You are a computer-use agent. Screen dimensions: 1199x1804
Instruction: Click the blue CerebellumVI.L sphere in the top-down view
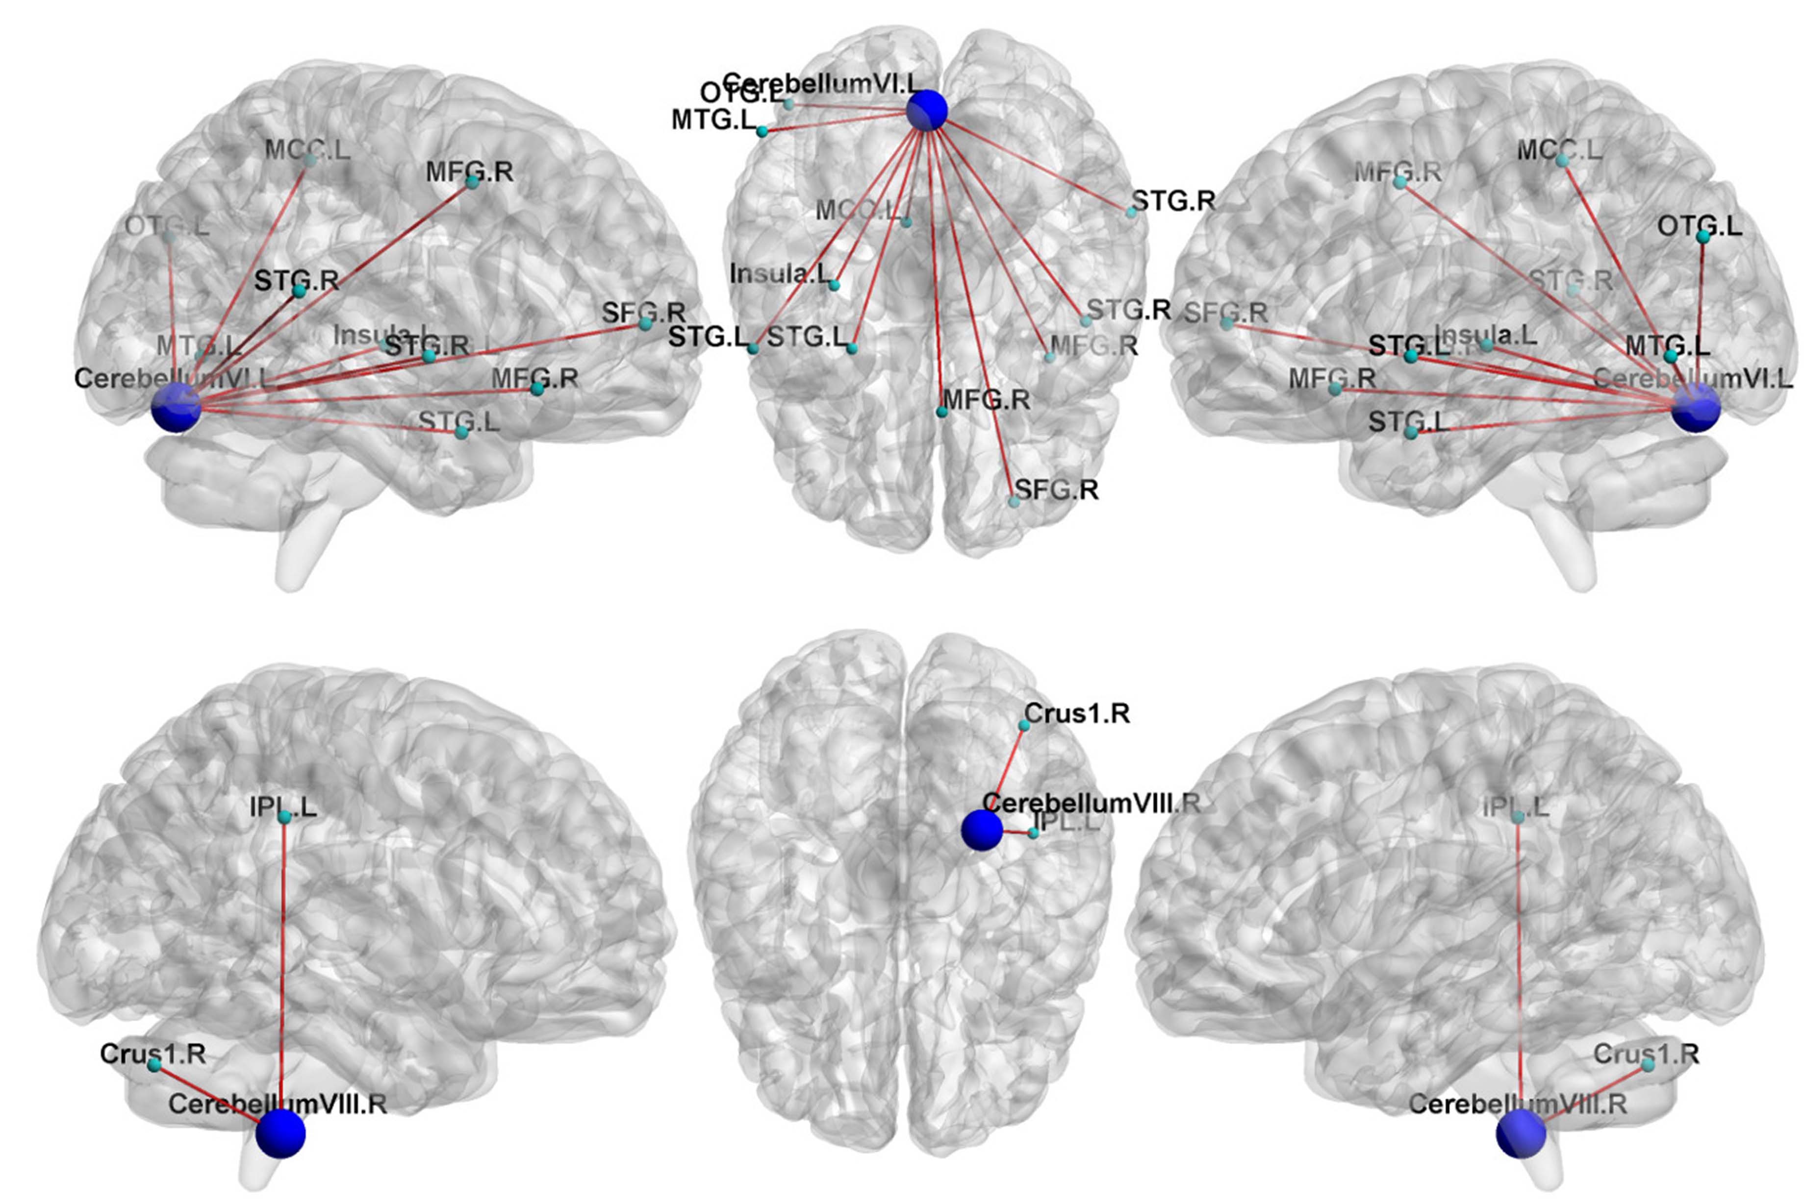(x=926, y=111)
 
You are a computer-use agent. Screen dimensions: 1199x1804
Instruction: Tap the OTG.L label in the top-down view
(x=740, y=93)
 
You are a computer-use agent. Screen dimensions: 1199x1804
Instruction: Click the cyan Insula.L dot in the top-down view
(x=835, y=285)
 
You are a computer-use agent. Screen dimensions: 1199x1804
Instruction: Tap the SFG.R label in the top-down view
(x=1057, y=489)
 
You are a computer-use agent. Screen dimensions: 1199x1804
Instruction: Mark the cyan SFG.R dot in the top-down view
(x=1014, y=502)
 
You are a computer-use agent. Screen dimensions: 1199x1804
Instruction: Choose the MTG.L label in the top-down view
(x=713, y=120)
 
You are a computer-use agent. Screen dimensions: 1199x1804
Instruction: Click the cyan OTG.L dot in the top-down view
(x=788, y=104)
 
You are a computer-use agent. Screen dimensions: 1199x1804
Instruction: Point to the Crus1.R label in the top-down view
(x=1076, y=713)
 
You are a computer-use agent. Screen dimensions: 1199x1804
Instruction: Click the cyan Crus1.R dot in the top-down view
(x=1024, y=725)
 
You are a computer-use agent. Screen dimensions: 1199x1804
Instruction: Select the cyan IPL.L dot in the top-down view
(x=1034, y=832)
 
